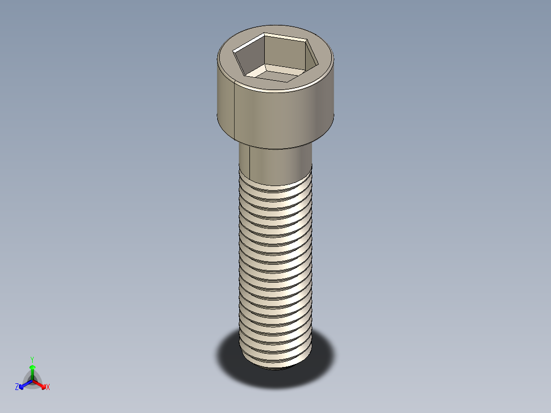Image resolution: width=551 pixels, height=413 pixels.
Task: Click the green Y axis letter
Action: coord(32,359)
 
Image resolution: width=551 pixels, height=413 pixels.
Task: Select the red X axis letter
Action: coord(48,387)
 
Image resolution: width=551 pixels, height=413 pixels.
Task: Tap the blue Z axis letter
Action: coord(17,387)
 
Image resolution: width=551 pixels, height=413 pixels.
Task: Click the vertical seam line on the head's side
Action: coord(234,110)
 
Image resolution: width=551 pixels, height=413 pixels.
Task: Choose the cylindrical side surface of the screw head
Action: coord(281,115)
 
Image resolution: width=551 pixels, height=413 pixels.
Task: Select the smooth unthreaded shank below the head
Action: coord(279,164)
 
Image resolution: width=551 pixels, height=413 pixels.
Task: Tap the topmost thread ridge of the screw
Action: coord(276,187)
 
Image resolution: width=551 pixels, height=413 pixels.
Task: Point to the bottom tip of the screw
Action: coord(276,365)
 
